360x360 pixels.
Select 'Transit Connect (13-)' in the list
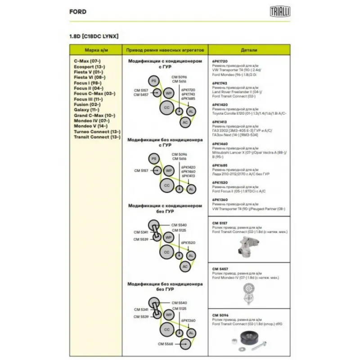(97, 137)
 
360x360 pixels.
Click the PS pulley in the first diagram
(153, 80)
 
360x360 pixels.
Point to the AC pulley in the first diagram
(184, 122)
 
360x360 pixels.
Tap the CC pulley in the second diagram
(166, 185)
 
